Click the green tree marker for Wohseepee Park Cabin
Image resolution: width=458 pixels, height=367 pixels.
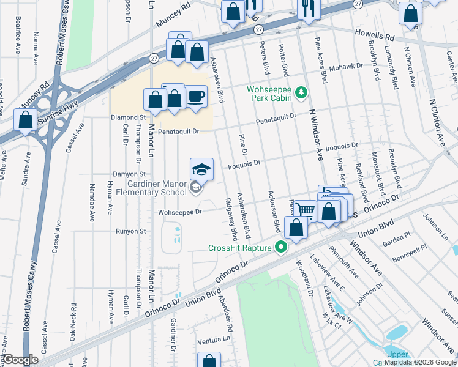(x=301, y=93)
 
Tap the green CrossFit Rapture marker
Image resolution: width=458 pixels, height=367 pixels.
(x=282, y=248)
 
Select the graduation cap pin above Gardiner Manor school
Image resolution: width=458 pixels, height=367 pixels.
(x=201, y=168)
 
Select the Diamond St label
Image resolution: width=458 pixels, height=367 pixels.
(x=127, y=117)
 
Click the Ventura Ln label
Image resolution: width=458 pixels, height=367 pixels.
(x=216, y=338)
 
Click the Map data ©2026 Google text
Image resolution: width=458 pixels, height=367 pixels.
(x=420, y=362)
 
